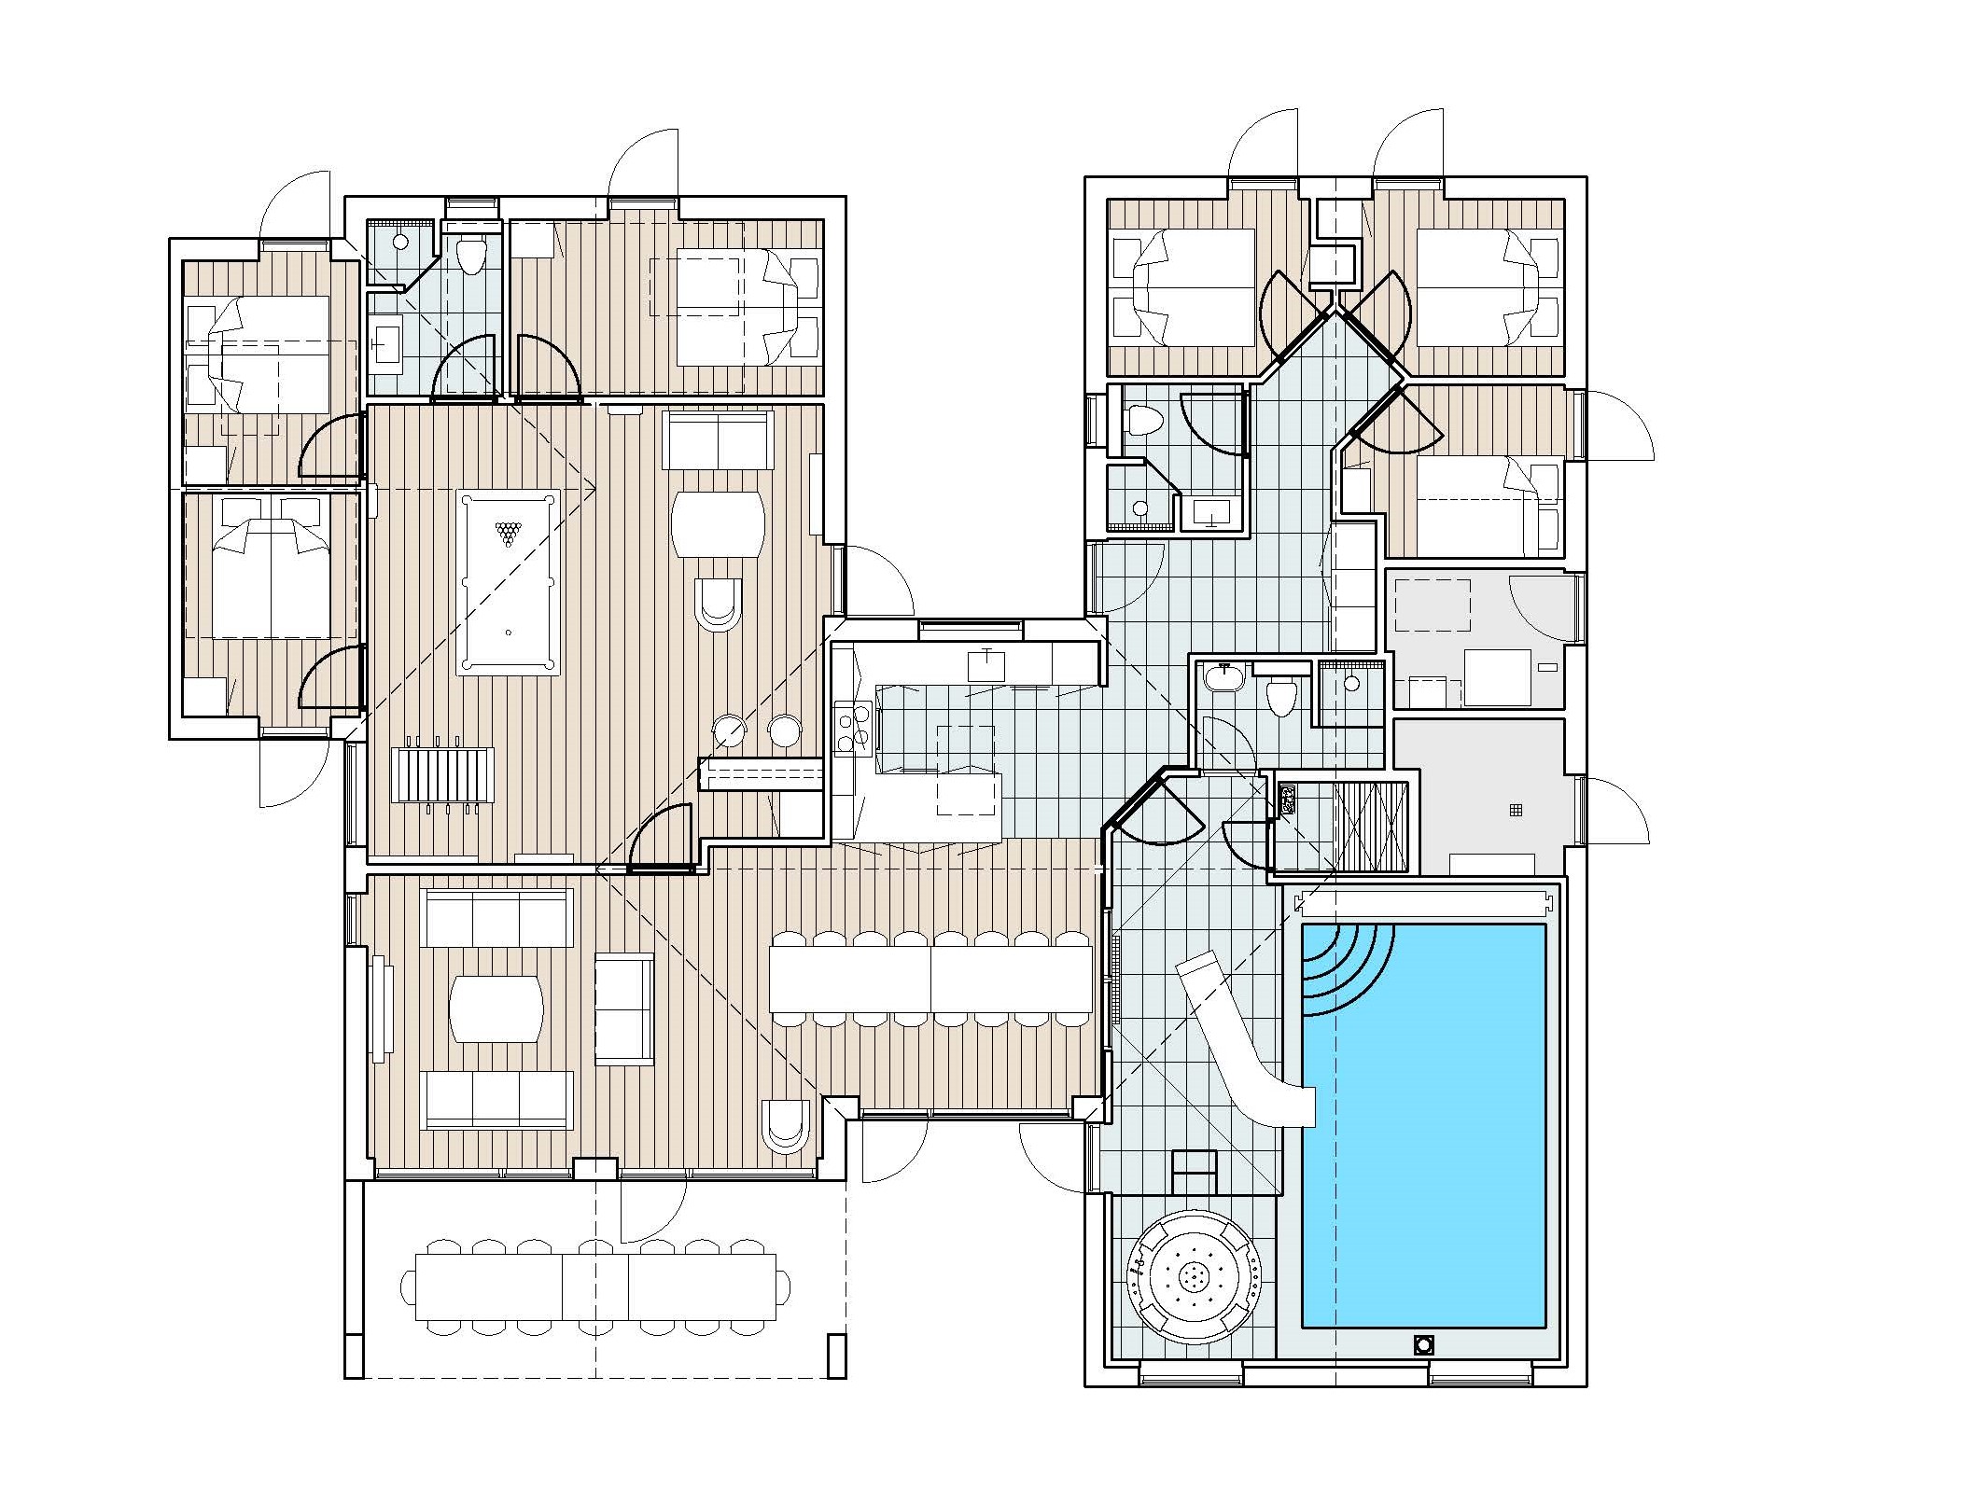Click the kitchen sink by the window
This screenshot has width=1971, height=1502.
(985, 666)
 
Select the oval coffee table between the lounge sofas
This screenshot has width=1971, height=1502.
(496, 1009)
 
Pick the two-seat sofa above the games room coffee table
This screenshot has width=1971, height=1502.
(718, 441)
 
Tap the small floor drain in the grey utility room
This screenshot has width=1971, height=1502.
(1516, 810)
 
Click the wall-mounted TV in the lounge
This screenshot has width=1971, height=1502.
(379, 1008)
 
